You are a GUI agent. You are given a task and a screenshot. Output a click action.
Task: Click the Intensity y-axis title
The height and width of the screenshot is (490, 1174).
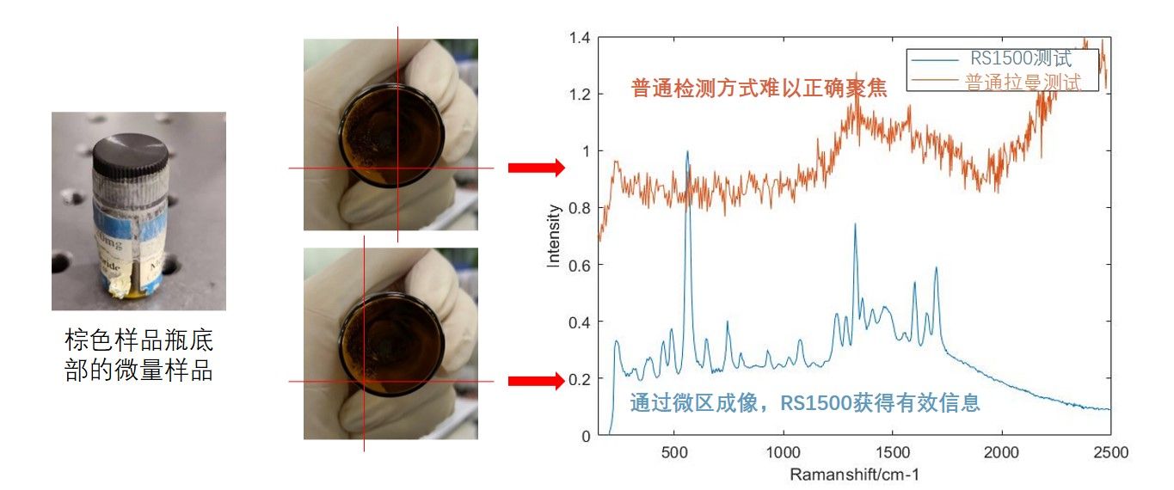pyautogui.click(x=556, y=236)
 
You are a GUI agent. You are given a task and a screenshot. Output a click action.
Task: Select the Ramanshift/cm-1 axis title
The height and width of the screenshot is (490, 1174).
pyautogui.click(x=851, y=474)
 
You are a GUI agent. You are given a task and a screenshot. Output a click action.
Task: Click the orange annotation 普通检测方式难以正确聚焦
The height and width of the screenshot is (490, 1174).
pyautogui.click(x=759, y=88)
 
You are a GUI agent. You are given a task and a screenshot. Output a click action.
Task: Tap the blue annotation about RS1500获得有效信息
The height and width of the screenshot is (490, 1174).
pyautogui.click(x=805, y=402)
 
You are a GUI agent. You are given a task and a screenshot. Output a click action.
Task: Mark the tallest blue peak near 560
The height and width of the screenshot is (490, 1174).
pyautogui.click(x=687, y=152)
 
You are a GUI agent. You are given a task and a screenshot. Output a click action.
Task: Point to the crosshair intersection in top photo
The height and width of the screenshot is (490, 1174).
pyautogui.click(x=397, y=168)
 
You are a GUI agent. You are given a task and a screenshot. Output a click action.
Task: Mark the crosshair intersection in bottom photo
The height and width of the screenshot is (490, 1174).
pyautogui.click(x=364, y=380)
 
